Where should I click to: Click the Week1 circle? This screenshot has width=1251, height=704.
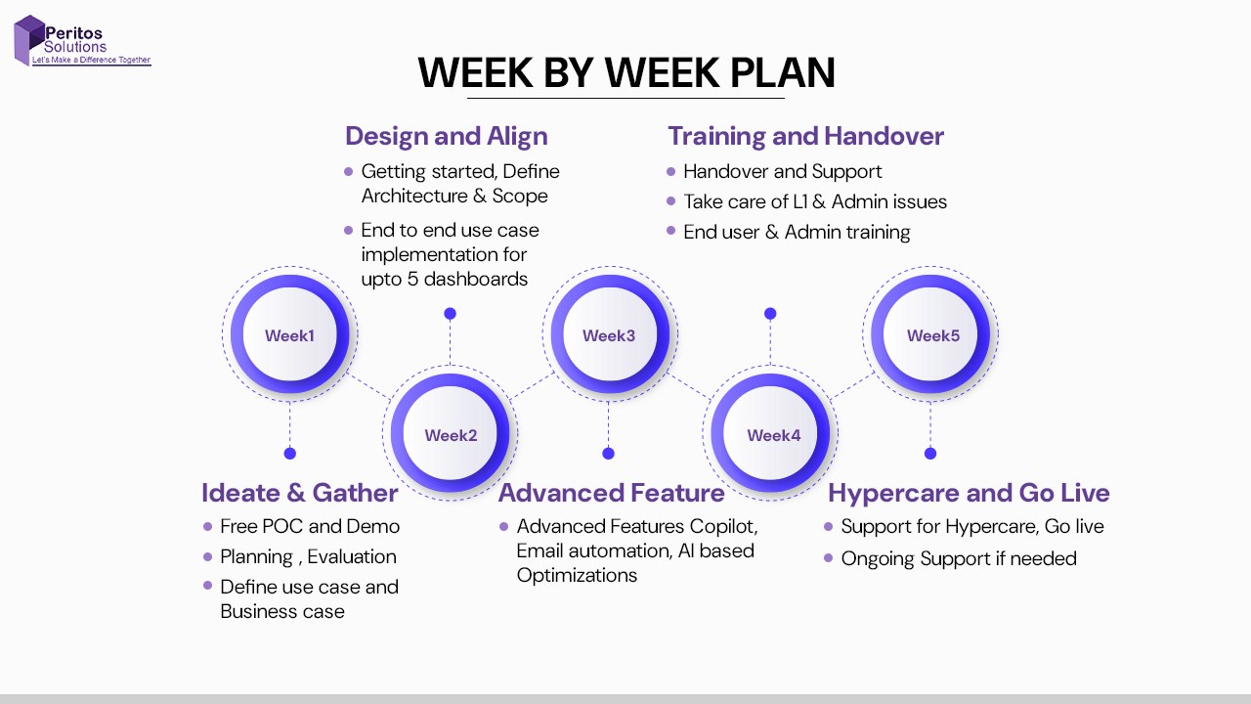tap(290, 334)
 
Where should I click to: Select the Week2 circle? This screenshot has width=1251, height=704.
tap(451, 433)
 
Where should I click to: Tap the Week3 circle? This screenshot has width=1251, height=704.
tap(610, 334)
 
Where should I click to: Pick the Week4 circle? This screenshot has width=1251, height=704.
tap(770, 433)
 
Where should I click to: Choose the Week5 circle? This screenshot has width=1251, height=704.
tap(930, 334)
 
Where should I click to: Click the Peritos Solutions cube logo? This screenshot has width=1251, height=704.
tap(29, 40)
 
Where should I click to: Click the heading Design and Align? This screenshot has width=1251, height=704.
tap(447, 136)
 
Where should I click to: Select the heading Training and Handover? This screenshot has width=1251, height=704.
tap(806, 136)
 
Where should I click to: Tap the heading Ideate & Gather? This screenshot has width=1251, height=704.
tap(300, 493)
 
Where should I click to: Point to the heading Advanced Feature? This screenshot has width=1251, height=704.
tap(612, 493)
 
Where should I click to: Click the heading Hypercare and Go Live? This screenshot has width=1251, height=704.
tap(969, 493)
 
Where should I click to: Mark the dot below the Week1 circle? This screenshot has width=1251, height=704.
tap(290, 454)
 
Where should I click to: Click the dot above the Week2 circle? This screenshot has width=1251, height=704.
tap(451, 314)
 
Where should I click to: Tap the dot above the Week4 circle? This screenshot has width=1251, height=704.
tap(770, 314)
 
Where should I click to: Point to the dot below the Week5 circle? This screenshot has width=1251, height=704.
tap(930, 454)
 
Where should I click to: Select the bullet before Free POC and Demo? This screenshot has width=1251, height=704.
tap(208, 526)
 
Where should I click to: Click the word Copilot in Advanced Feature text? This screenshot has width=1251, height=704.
tap(723, 527)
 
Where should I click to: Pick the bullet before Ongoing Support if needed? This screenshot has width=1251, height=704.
tap(828, 557)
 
